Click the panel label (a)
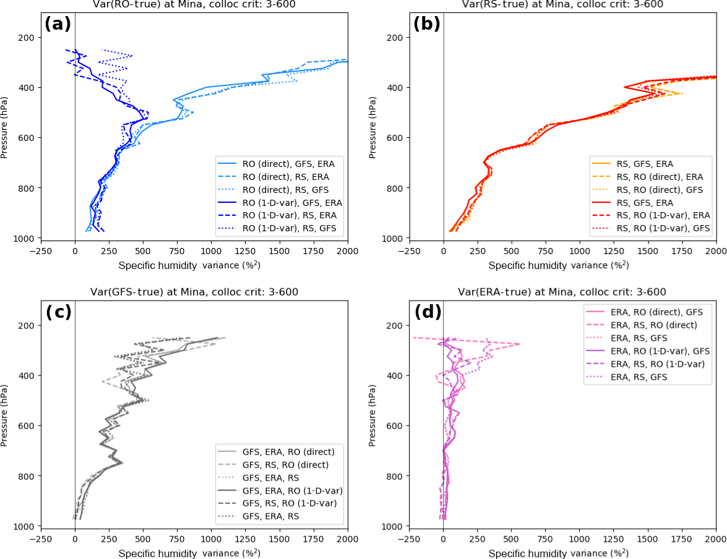(x=58, y=24)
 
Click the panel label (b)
(x=426, y=24)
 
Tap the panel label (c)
(x=58, y=312)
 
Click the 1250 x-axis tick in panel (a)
(x=245, y=252)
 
